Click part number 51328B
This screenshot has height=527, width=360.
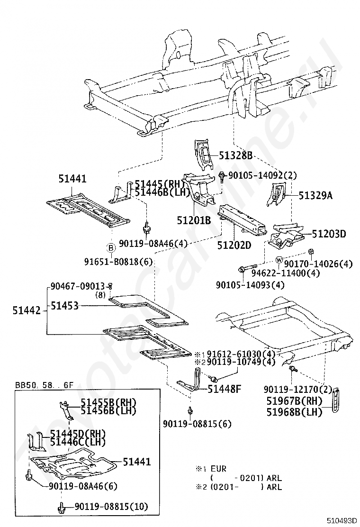pos(235,155)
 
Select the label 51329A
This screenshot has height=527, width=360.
pos(315,194)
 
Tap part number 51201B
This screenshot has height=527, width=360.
pos(194,220)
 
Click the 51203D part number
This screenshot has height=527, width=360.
pos(329,234)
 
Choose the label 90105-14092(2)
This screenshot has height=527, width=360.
pos(262,175)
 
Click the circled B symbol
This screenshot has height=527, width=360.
pos(110,247)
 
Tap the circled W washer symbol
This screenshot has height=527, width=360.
pos(279,260)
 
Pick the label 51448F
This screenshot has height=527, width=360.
pos(225,389)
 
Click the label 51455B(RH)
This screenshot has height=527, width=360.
pos(108,402)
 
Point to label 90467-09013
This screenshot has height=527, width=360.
pos(78,286)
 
